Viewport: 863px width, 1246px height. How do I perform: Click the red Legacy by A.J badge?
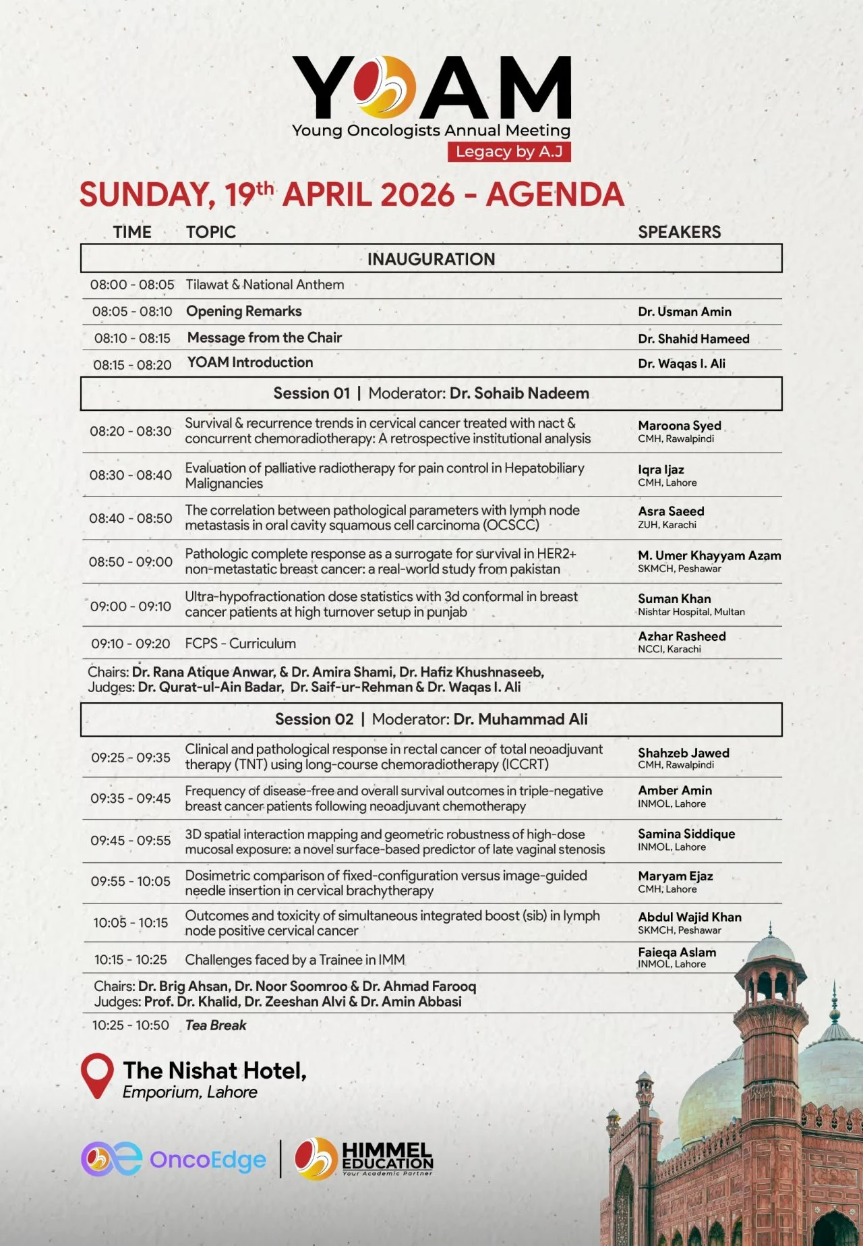509,152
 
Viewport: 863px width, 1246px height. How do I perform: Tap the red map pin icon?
97,1075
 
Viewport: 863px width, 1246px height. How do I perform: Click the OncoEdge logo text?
208,1160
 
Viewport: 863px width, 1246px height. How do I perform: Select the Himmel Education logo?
364,1158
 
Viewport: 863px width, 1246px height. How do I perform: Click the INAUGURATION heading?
431,259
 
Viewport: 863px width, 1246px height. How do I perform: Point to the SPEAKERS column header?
679,232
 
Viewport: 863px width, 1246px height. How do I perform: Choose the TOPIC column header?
211,232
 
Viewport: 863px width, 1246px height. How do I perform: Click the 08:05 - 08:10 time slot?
132,312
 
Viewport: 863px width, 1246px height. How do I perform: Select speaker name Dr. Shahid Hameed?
693,339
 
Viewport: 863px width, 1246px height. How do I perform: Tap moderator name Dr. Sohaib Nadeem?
519,393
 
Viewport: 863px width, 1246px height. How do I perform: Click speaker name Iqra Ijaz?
661,470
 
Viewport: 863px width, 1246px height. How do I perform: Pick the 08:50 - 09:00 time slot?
131,562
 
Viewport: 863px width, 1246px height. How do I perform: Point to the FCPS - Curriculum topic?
240,644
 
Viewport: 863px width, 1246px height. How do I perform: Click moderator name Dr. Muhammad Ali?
520,719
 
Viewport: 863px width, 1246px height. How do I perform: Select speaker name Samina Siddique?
686,834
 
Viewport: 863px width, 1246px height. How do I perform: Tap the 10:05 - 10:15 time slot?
131,923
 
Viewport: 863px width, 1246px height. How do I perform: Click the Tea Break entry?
216,1025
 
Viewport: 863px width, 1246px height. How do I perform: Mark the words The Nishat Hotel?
214,1071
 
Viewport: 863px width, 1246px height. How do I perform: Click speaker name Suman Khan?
674,599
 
